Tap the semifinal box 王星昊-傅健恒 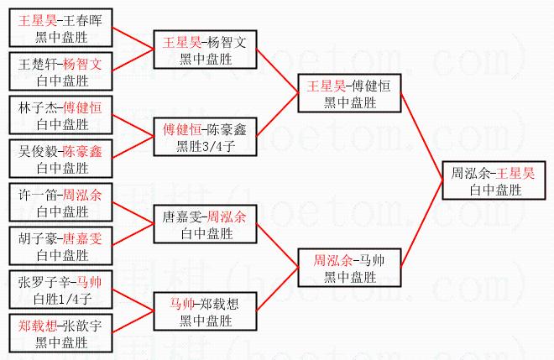(x=350, y=92)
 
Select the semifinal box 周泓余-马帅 (x=349, y=267)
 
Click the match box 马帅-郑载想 (x=206, y=312)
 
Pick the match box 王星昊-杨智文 (x=206, y=48)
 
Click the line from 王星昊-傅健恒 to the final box (x=421, y=135)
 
